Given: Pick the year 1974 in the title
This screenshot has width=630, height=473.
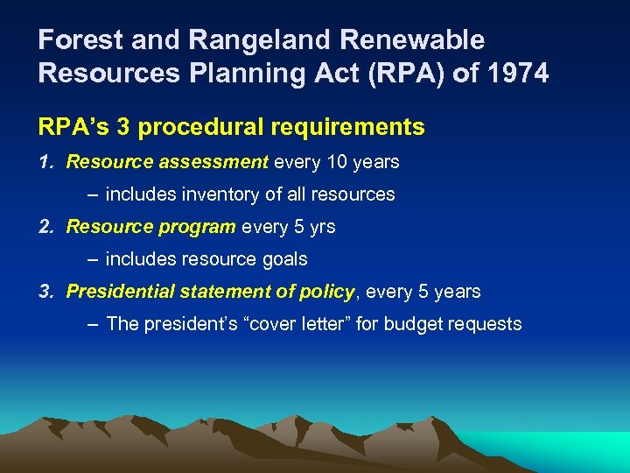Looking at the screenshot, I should (x=518, y=73).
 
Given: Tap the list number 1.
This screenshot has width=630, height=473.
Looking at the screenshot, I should (x=45, y=162).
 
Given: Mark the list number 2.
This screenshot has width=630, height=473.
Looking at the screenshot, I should (x=45, y=227).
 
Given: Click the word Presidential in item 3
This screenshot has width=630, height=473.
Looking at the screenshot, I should (x=121, y=292).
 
